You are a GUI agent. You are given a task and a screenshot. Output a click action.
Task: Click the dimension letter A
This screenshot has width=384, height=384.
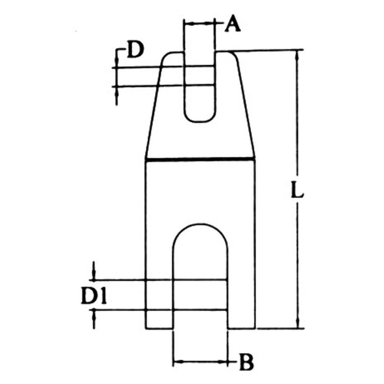click(x=232, y=25)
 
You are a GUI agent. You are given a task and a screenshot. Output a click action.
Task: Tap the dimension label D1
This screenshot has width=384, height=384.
click(x=93, y=298)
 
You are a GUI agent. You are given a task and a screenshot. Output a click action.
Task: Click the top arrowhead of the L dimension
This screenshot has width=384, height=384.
click(x=298, y=54)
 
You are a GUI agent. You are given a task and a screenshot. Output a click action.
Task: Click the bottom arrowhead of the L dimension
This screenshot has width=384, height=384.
click(x=298, y=324)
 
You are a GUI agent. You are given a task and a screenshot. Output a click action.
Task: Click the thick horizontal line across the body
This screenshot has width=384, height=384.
click(x=200, y=158)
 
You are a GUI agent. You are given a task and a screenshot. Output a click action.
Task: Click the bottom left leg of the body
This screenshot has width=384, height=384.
click(x=159, y=320)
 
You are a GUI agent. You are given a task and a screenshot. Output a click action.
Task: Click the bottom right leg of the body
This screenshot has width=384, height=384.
click(x=242, y=320)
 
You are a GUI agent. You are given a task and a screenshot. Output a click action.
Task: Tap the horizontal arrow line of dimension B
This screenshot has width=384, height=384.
click(x=200, y=362)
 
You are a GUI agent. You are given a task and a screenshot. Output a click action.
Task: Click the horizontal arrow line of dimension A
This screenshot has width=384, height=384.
click(x=199, y=23)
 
